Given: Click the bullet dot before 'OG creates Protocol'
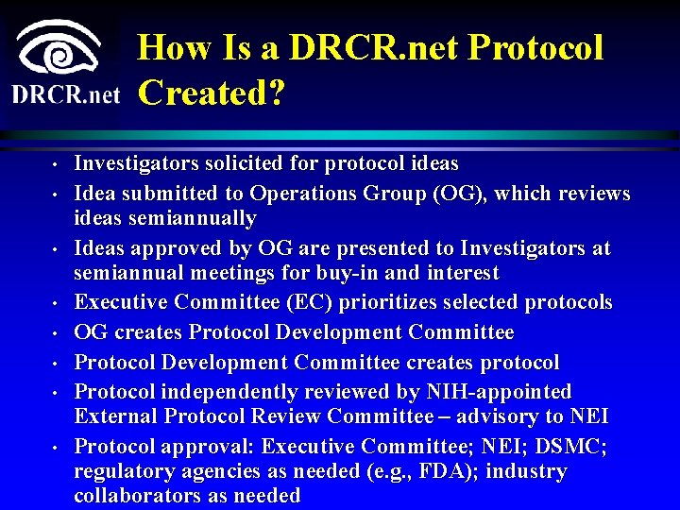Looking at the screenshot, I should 56,334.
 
